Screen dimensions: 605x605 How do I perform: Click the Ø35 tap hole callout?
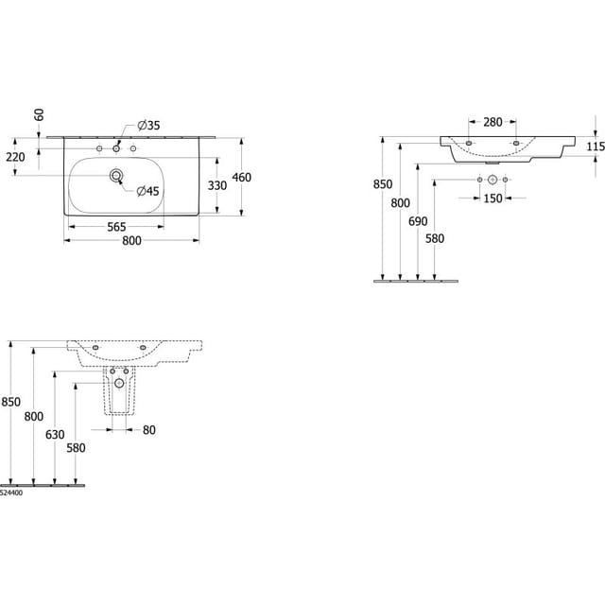(x=148, y=126)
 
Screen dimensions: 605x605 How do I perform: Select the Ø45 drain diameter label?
(x=148, y=191)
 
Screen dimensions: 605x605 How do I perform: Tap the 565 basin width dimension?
(x=116, y=227)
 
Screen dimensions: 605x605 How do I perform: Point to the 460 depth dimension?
(x=242, y=178)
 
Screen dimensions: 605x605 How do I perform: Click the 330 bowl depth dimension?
(x=217, y=185)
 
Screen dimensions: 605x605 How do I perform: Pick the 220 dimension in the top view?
(x=15, y=157)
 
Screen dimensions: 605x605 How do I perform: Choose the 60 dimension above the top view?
(x=40, y=115)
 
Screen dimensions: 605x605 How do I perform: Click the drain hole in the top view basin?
(x=116, y=176)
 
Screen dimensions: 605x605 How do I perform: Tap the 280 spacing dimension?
(x=493, y=122)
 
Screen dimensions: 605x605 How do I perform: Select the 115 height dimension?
(x=596, y=147)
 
